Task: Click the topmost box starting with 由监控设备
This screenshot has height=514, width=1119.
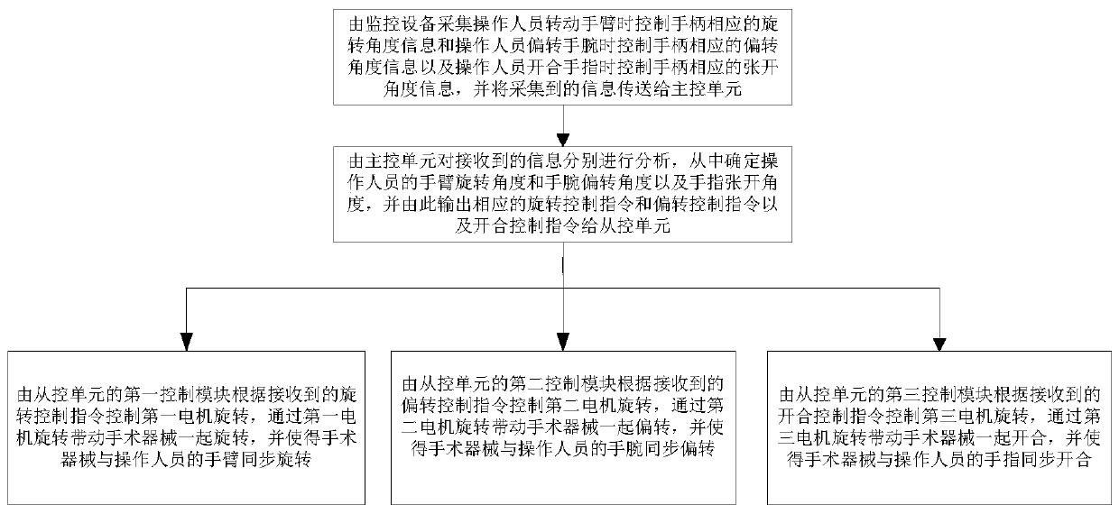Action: (563, 55)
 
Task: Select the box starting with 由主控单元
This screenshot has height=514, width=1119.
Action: (563, 195)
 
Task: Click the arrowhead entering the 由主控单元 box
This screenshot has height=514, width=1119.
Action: (563, 139)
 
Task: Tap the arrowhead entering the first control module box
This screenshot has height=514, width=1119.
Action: (186, 342)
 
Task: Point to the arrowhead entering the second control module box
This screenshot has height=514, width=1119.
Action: (563, 342)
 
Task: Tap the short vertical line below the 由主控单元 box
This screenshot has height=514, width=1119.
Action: (563, 265)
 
